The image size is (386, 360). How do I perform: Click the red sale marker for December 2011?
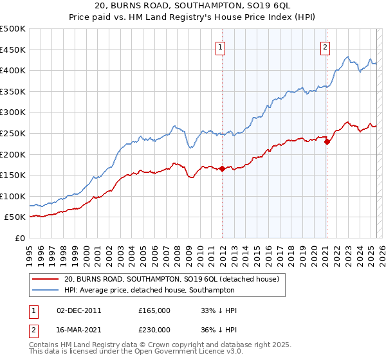[x=222, y=169]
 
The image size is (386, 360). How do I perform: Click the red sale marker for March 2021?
[x=327, y=142]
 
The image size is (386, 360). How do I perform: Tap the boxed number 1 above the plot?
[x=221, y=46]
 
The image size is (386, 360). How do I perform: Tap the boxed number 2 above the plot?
[x=326, y=46]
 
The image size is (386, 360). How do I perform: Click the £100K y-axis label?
[x=14, y=197]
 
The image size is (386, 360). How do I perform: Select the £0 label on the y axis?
[x=20, y=239]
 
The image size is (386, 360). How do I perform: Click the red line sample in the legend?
[x=45, y=280]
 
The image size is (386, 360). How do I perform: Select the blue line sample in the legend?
[x=45, y=291]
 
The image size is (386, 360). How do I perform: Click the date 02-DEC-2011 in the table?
[x=79, y=310]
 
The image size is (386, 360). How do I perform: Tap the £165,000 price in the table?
[x=154, y=310]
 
